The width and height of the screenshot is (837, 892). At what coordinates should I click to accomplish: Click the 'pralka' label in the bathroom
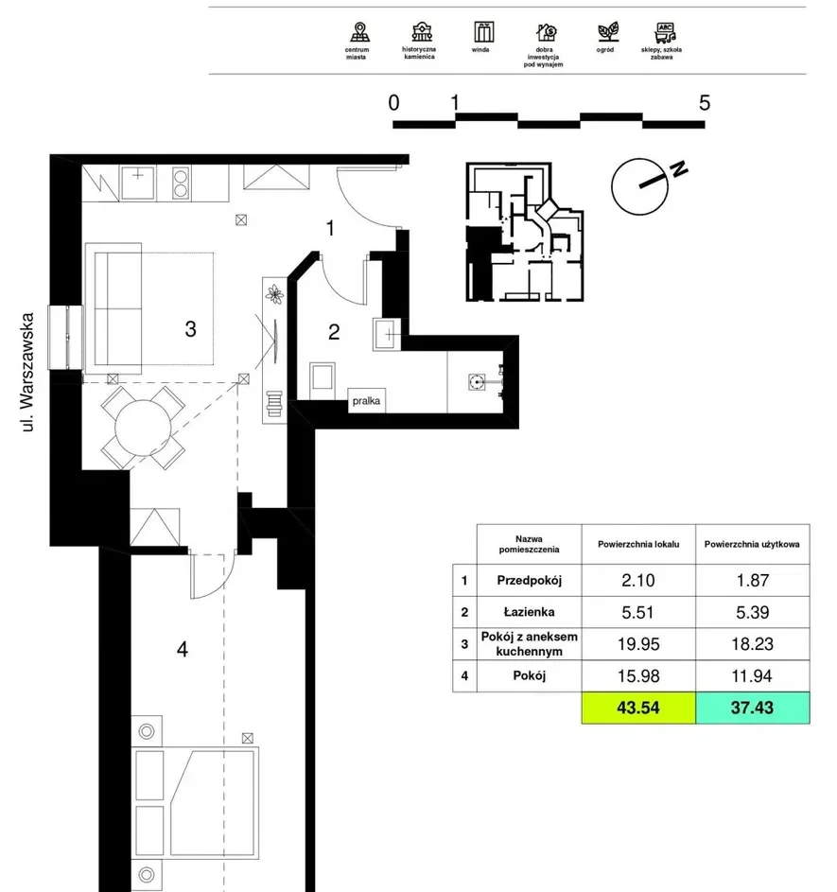pyautogui.click(x=366, y=400)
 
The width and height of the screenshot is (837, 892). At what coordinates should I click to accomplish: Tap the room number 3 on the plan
pyautogui.click(x=190, y=329)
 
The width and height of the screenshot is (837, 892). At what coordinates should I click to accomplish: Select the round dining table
pyautogui.click(x=144, y=428)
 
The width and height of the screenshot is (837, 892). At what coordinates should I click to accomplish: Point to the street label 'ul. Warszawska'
pyautogui.click(x=27, y=372)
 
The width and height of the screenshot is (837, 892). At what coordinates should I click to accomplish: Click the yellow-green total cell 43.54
pyautogui.click(x=638, y=708)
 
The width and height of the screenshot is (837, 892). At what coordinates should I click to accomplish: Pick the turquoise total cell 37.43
pyautogui.click(x=752, y=708)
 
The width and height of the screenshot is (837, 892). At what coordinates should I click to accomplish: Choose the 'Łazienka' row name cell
pyautogui.click(x=529, y=612)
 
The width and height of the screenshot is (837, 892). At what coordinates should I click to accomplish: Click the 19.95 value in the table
pyautogui.click(x=638, y=644)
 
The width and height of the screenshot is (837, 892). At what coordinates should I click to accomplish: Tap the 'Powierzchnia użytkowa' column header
pyautogui.click(x=752, y=545)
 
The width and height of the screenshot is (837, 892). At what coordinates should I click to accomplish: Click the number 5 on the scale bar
pyautogui.click(x=705, y=103)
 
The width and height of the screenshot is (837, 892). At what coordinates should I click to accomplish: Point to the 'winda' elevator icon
pyautogui.click(x=484, y=32)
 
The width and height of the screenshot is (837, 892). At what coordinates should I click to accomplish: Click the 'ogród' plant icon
pyautogui.click(x=608, y=32)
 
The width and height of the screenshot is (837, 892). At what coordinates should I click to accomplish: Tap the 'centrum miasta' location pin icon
pyautogui.click(x=359, y=32)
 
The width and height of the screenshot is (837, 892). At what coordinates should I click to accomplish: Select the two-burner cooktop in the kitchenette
pyautogui.click(x=181, y=184)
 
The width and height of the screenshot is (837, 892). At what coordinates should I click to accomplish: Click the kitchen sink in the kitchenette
pyautogui.click(x=138, y=183)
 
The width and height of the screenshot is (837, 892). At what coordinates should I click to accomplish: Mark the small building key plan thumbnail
pyautogui.click(x=525, y=232)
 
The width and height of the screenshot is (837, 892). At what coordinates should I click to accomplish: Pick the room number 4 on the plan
pyautogui.click(x=182, y=649)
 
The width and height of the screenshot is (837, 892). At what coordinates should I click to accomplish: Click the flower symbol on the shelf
pyautogui.click(x=275, y=294)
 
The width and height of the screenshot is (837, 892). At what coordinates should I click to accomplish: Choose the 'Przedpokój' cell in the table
pyautogui.click(x=529, y=580)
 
